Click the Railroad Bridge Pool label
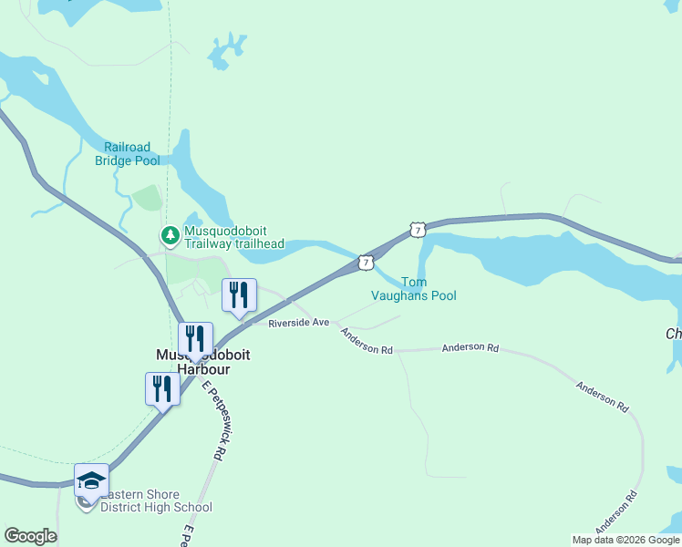pyautogui.click(x=128, y=154)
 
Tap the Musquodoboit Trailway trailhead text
pyautogui.click(x=234, y=237)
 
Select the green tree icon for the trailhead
pyautogui.click(x=170, y=236)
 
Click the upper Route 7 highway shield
pyautogui.click(x=417, y=230)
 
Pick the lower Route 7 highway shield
pyautogui.click(x=365, y=262)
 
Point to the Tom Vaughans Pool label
pyautogui.click(x=414, y=289)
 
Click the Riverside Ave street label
pyautogui.click(x=298, y=323)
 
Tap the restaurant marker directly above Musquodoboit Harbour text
pyautogui.click(x=195, y=339)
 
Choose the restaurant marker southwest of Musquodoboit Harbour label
pyautogui.click(x=162, y=389)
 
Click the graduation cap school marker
pyautogui.click(x=91, y=480)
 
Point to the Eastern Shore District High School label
pyautogui.click(x=156, y=501)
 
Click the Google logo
pyautogui.click(x=30, y=536)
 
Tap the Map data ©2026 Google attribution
pyautogui.click(x=626, y=540)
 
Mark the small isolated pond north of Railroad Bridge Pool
pyautogui.click(x=220, y=53)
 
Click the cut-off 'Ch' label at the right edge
pyautogui.click(x=674, y=335)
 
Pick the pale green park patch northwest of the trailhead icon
pyautogui.click(x=147, y=198)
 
